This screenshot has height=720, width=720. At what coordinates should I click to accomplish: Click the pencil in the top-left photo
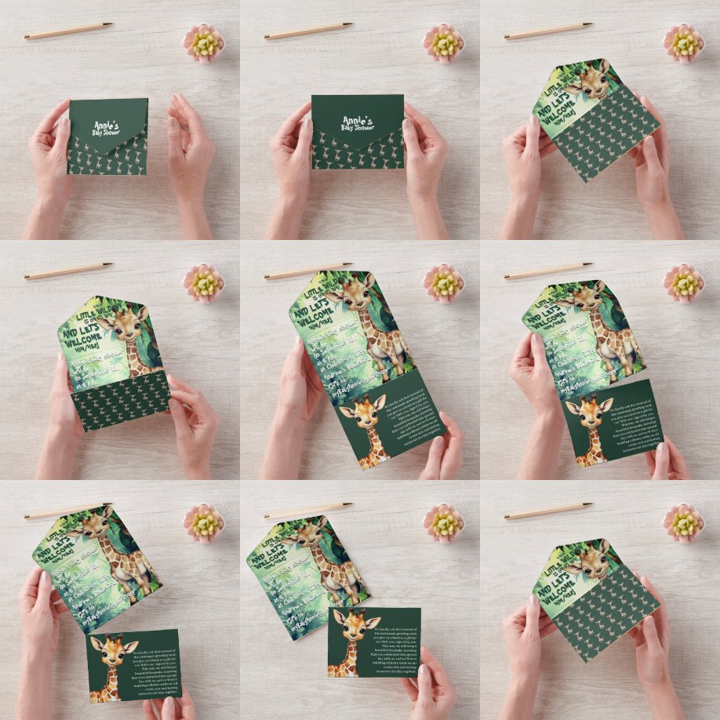tap(67, 31)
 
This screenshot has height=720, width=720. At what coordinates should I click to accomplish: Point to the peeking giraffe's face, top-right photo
tap(588, 81)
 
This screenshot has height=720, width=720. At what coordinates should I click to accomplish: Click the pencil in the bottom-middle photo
tap(307, 510)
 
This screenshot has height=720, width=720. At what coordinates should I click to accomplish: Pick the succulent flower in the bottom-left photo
tap(203, 522)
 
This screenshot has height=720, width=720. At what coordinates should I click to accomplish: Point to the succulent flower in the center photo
tap(444, 282)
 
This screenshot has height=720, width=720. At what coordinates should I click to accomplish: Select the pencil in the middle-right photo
tap(548, 271)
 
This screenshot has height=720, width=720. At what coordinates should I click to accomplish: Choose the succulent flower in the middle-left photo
tap(203, 282)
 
